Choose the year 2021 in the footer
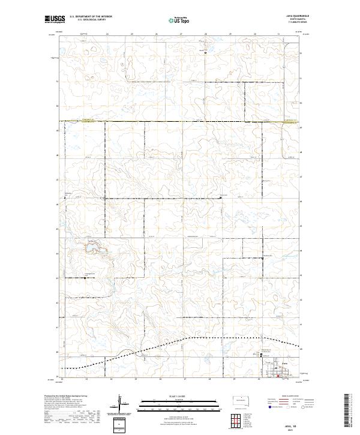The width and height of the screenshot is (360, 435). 290,429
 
